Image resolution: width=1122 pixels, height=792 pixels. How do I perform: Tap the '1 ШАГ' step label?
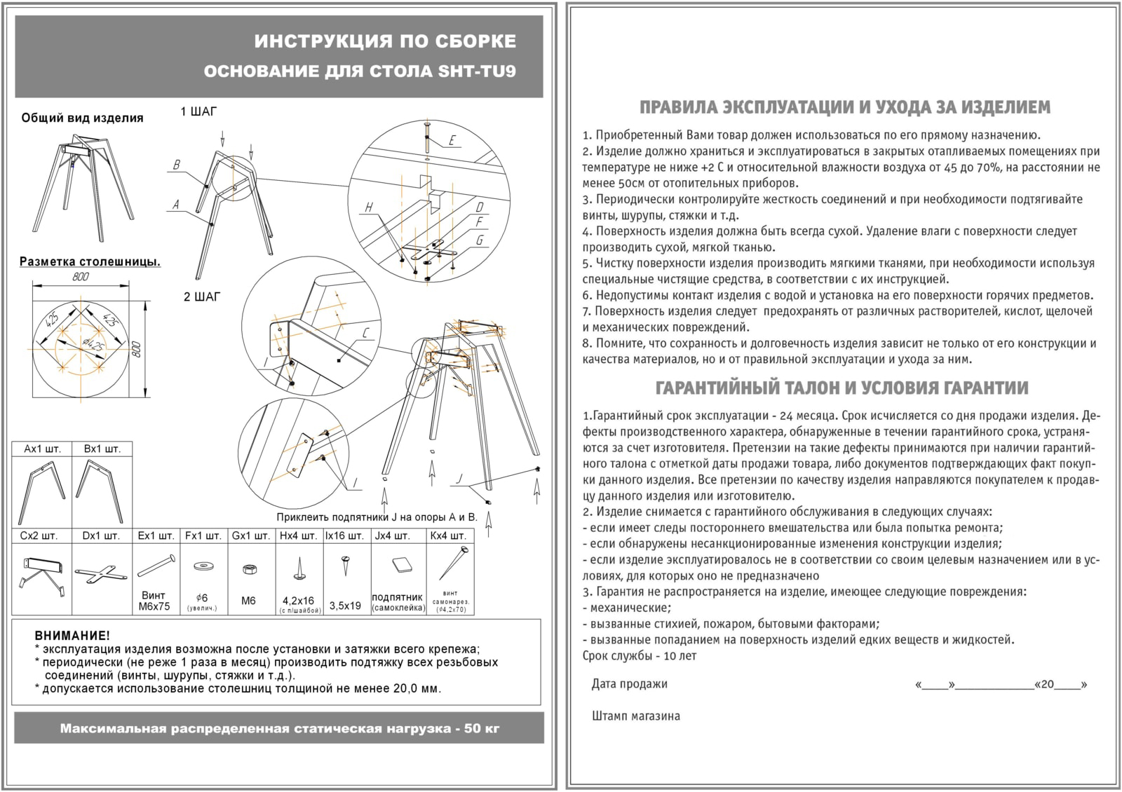[x=199, y=111]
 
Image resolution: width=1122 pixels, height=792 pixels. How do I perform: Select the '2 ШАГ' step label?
[x=202, y=296]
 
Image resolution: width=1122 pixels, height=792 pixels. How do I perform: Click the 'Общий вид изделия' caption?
[x=82, y=118]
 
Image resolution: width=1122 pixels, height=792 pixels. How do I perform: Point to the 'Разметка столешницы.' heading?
[x=90, y=261]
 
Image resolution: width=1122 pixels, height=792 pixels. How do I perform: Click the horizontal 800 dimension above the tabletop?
[x=81, y=278]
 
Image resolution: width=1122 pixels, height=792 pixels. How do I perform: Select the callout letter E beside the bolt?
[x=452, y=141]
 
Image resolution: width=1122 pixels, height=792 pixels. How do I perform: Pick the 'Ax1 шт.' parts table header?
[x=42, y=449]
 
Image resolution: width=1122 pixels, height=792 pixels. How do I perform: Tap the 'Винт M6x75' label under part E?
[x=155, y=601]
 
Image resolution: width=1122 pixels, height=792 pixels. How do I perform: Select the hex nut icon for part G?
[x=248, y=569]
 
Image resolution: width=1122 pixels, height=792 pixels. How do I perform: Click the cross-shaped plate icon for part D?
[x=100, y=574]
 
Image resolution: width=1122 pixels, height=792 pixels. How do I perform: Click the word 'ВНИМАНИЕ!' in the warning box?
[x=72, y=636]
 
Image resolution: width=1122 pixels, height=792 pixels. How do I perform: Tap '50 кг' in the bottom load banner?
[x=482, y=728]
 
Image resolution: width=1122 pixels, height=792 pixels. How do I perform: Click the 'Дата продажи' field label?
[x=629, y=684]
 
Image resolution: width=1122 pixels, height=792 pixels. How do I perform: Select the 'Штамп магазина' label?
[x=635, y=716]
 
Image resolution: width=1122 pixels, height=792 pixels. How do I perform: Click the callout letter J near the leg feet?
[x=459, y=479]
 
